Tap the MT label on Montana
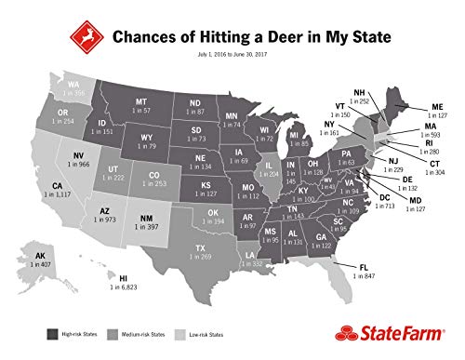click(142, 100)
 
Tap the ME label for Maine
click(437, 105)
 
